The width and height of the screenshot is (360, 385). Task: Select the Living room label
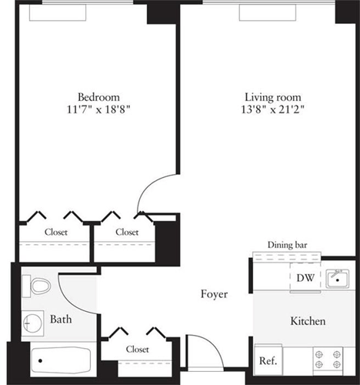(x=272, y=97)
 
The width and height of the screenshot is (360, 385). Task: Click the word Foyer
(x=213, y=294)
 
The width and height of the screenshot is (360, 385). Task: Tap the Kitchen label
(x=308, y=321)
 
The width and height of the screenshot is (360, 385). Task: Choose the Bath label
(x=61, y=319)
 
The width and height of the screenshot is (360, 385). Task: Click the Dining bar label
(x=288, y=245)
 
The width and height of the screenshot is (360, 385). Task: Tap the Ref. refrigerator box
(x=268, y=360)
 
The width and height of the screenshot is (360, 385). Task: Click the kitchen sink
(x=335, y=278)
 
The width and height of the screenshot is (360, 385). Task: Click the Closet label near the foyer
(x=137, y=349)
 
